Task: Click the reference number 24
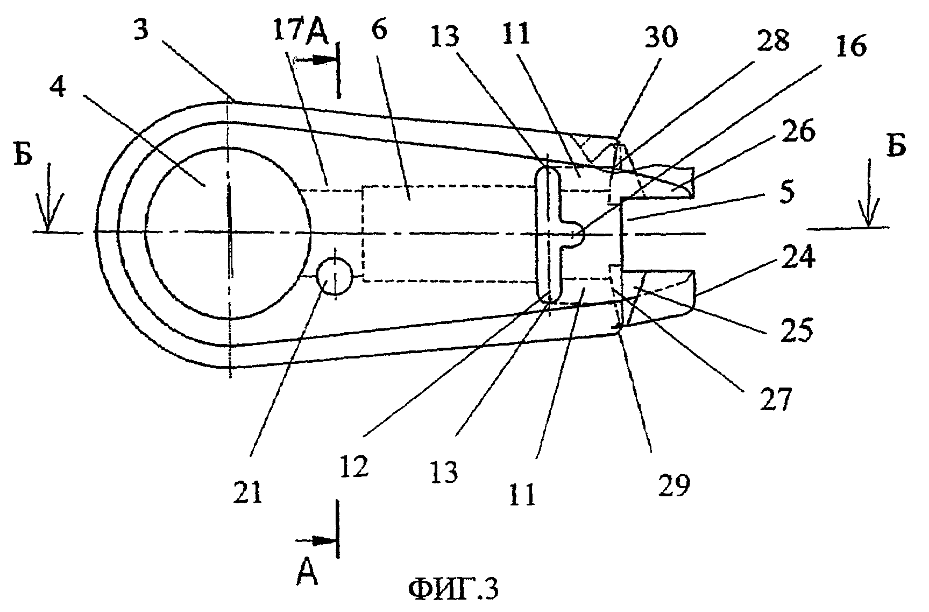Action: (x=802, y=259)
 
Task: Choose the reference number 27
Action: (x=775, y=398)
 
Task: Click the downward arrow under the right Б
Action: (x=867, y=213)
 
